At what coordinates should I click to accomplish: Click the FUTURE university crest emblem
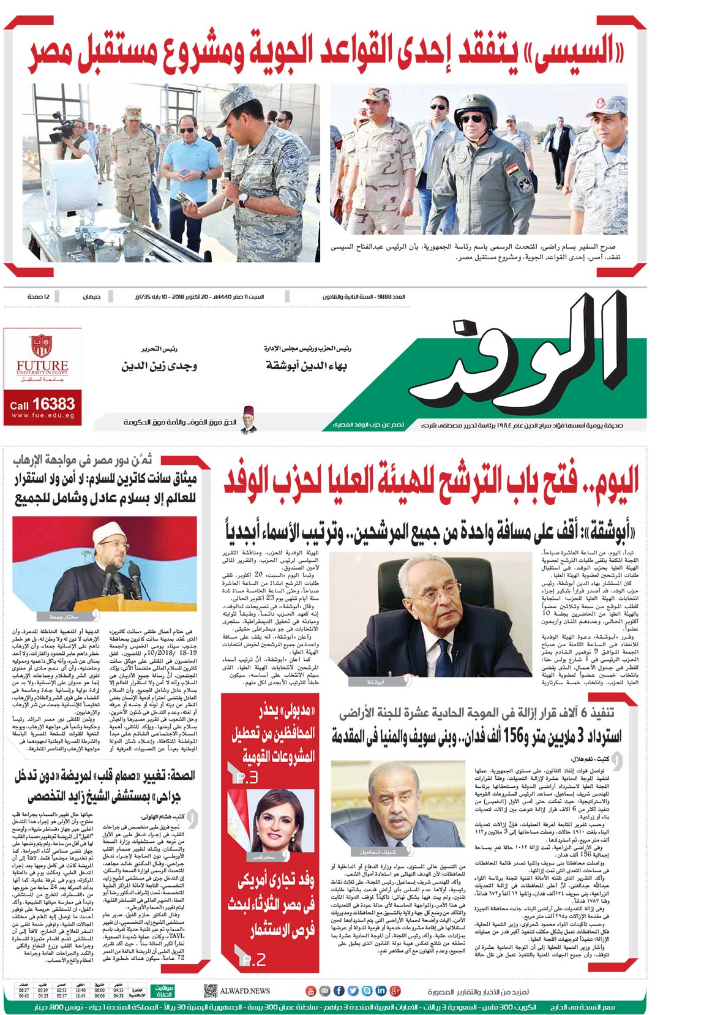pyautogui.click(x=42, y=347)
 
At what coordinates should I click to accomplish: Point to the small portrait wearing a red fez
pyautogui.click(x=248, y=419)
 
